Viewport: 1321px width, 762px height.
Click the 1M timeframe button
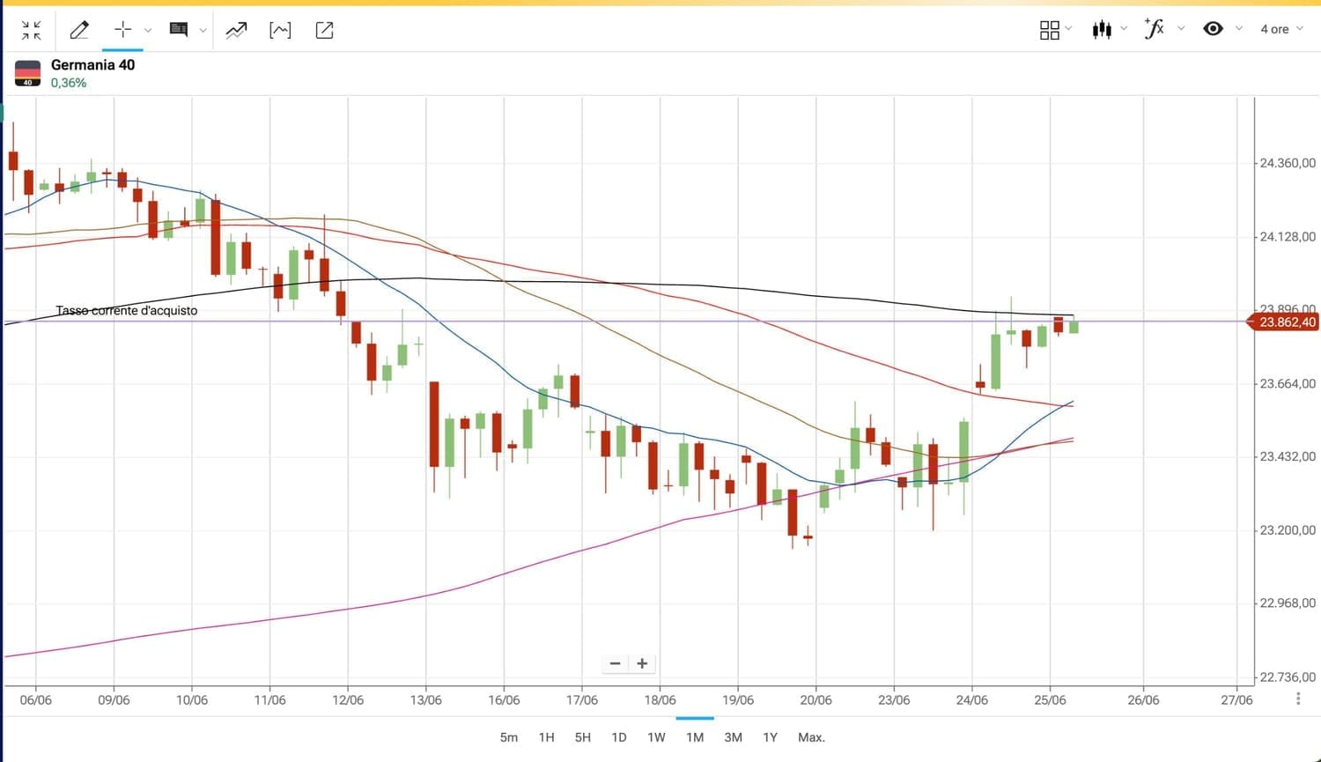pos(695,737)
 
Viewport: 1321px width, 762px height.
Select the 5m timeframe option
pos(509,737)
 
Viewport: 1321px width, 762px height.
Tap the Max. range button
pos(811,737)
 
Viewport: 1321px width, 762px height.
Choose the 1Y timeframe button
pos(771,737)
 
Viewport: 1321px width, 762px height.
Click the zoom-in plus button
pos(642,663)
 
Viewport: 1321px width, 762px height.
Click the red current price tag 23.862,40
pos(1287,322)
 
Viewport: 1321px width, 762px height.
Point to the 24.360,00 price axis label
pos(1287,163)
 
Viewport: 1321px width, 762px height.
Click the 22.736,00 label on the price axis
pos(1287,677)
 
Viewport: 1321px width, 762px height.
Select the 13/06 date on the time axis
pos(426,700)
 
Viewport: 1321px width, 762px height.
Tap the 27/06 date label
pos(1236,700)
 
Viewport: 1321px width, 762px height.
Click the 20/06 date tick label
pos(815,700)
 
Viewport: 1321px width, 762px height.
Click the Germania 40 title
pos(92,64)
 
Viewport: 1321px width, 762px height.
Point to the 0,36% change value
pos(69,83)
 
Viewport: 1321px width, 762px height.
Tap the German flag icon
pos(28,73)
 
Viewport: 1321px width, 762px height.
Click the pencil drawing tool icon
pos(79,30)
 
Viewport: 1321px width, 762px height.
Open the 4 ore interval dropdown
pos(1280,29)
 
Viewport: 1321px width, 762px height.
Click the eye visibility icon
pos(1213,29)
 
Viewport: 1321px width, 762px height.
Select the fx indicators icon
pos(1154,29)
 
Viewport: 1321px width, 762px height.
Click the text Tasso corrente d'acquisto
pos(127,311)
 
